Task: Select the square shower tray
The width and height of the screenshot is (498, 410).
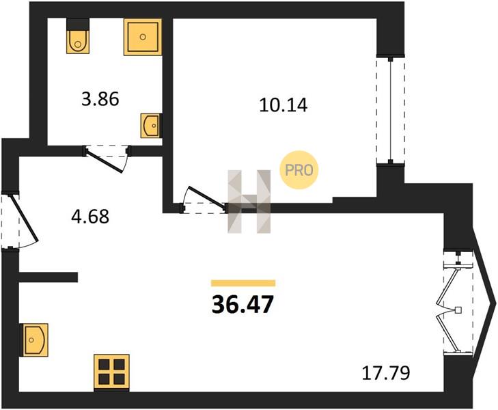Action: (143, 37)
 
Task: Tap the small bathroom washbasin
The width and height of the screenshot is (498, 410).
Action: (151, 126)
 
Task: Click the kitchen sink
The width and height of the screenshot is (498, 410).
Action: (33, 340)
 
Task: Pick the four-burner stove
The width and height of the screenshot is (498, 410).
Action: (111, 372)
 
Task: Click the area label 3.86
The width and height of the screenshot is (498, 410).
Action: (100, 99)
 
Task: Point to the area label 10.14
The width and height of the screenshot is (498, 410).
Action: (283, 105)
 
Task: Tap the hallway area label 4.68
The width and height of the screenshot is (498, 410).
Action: (90, 217)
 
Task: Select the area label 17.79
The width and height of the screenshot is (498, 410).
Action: (386, 373)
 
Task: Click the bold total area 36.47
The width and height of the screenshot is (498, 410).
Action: (243, 304)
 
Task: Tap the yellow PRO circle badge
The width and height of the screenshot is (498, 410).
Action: (299, 170)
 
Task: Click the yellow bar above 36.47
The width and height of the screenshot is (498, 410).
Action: (243, 283)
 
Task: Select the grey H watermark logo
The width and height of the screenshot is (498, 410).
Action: (249, 202)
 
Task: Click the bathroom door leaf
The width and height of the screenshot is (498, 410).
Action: (104, 161)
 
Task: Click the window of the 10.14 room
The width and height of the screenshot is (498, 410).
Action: (391, 110)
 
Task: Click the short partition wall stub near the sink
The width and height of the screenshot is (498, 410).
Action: (49, 277)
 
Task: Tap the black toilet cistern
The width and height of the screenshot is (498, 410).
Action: (78, 25)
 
